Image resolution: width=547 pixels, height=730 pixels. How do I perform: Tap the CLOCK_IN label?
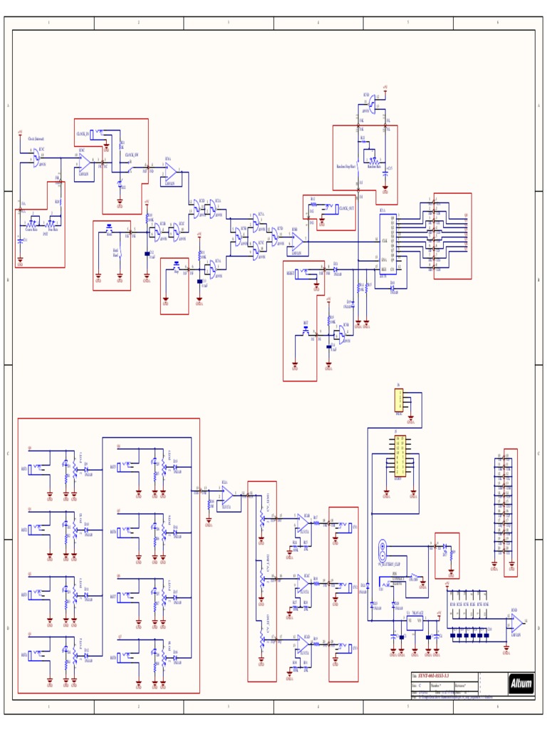(83, 133)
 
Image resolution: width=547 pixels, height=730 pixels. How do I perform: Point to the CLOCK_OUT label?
(348, 208)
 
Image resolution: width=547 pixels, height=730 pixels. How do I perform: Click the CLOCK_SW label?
(132, 154)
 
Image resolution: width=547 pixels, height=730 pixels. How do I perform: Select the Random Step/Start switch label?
(346, 166)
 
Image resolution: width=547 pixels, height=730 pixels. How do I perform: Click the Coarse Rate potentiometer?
(31, 223)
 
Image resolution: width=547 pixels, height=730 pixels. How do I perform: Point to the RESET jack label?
(291, 272)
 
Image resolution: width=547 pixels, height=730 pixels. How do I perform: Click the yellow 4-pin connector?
(400, 401)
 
